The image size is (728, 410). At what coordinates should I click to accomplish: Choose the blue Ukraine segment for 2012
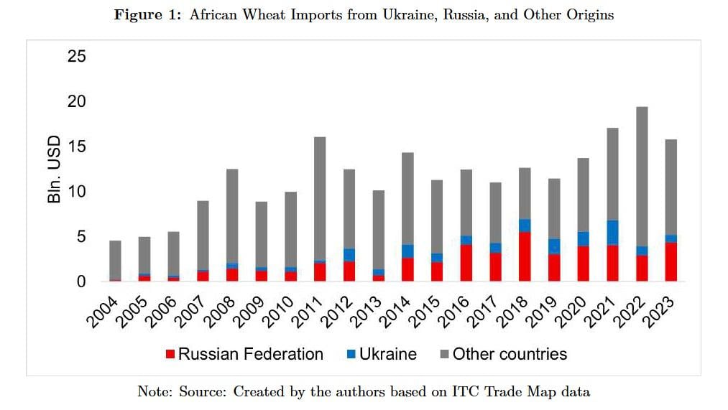coord(350,255)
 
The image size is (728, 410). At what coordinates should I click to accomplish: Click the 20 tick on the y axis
coord(77,101)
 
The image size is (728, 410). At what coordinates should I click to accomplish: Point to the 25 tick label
coord(77,56)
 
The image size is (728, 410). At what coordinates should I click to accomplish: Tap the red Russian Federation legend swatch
coord(170,354)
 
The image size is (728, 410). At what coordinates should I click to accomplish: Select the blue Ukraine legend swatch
coord(351,354)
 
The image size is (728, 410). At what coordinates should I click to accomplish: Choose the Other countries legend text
coord(510,354)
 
